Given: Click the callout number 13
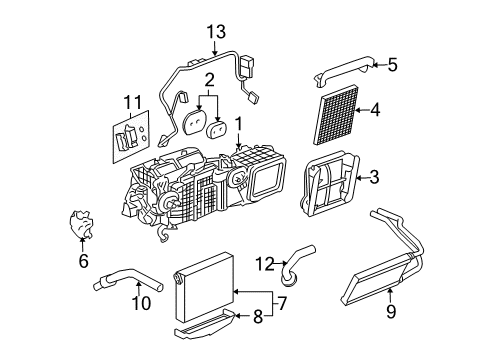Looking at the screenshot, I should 211,31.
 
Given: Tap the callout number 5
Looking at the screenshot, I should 392,66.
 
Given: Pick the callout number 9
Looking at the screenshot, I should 391,311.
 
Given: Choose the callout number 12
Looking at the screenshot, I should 264,265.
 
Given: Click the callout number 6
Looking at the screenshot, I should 84,261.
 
